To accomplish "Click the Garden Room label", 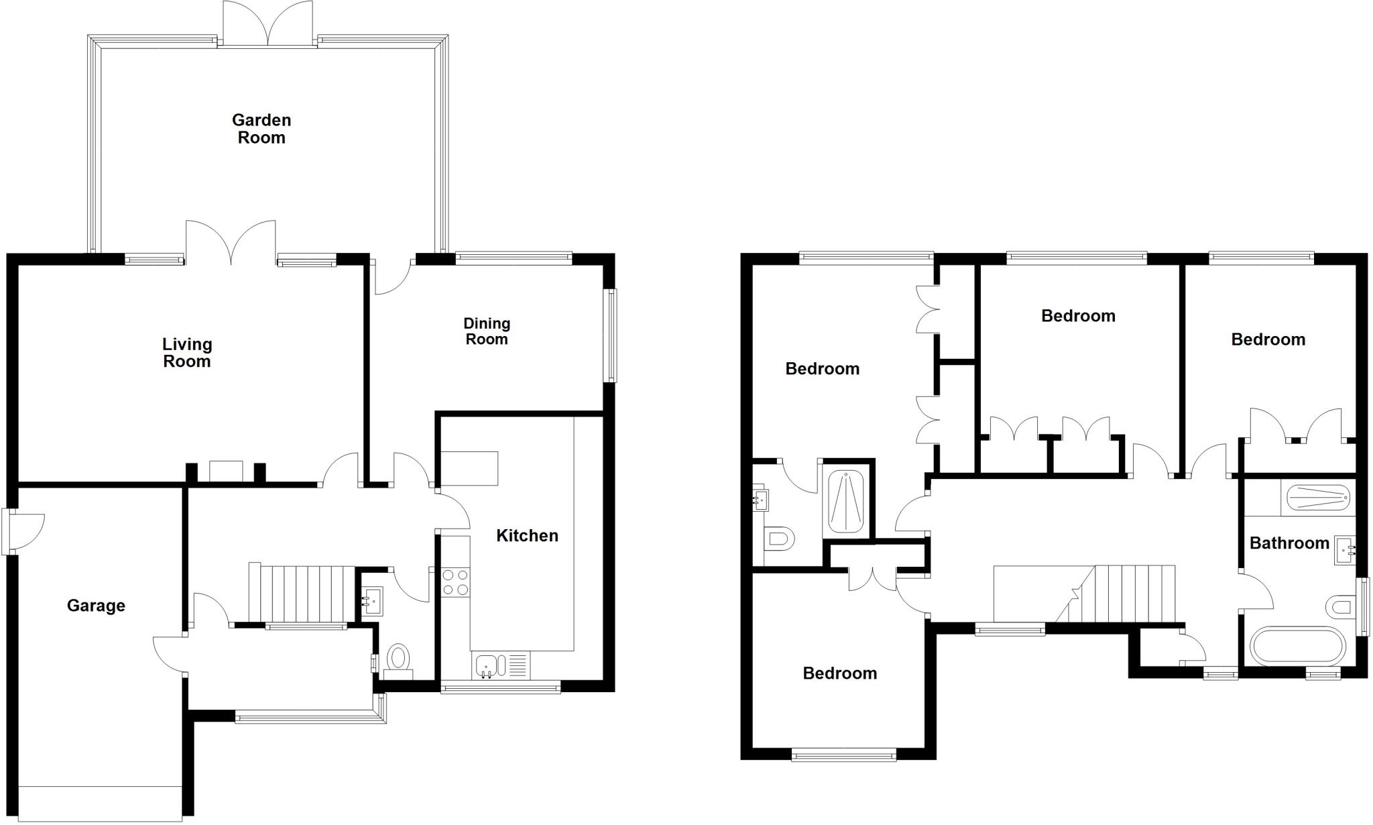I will (x=261, y=129).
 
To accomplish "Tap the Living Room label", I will (x=187, y=353).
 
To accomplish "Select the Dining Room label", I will (x=487, y=331).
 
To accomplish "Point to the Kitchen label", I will (x=527, y=535).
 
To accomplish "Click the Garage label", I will (x=96, y=606).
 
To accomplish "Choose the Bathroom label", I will (x=1289, y=543).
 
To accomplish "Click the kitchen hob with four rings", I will (x=456, y=582).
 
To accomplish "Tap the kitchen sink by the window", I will (x=487, y=666).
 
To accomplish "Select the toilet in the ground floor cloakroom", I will (x=399, y=657).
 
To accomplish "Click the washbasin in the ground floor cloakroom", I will (x=372, y=601).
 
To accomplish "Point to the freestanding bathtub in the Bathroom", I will (x=1297, y=646).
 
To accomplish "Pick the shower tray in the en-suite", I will (x=846, y=502).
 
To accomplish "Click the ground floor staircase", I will (x=302, y=594).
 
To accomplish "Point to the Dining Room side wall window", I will (x=609, y=335).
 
